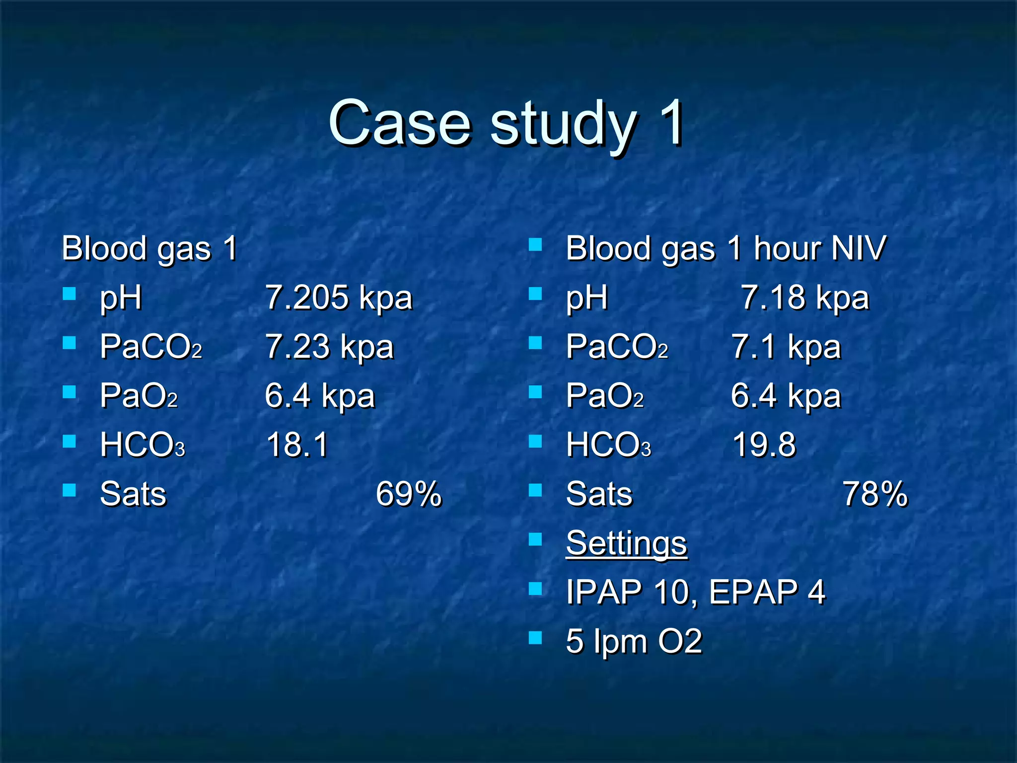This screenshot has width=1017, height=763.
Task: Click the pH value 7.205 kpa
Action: pos(339,298)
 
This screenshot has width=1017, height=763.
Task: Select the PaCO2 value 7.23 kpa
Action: pos(329,346)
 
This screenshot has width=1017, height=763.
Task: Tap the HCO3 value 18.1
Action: pos(297,444)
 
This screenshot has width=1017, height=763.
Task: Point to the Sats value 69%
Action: pos(408,494)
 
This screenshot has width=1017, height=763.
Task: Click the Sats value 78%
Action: pos(875,494)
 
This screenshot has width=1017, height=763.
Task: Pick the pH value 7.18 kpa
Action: pos(804,298)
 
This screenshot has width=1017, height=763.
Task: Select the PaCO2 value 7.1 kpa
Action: pos(786,346)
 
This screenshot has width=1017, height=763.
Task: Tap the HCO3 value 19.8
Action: pos(764,444)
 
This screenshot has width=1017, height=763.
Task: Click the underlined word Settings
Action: pos(626,542)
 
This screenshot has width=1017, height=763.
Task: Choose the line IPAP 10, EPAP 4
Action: pos(695,592)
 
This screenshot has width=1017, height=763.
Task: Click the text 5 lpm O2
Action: pos(634,641)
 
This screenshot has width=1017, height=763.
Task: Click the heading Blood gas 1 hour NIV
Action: pos(725,248)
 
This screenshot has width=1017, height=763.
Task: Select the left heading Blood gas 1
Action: pos(149,248)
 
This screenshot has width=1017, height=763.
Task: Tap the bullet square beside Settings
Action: pos(535,539)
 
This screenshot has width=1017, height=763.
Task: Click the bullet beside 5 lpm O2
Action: pos(535,637)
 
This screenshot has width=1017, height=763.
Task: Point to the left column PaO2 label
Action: pos(139,395)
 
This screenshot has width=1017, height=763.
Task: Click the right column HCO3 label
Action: pos(608,444)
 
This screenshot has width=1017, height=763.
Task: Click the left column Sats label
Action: pos(133,494)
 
